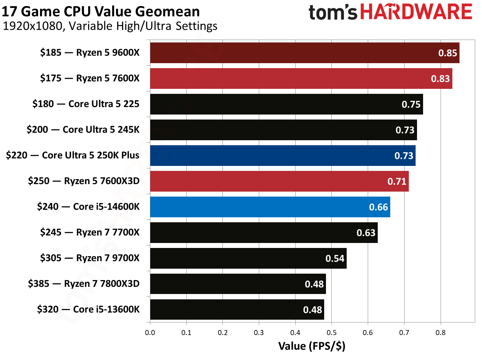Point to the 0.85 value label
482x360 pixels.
(447, 53)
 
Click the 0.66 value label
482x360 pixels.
(378, 207)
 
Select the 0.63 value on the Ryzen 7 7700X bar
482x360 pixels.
(366, 233)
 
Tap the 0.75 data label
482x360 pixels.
(411, 105)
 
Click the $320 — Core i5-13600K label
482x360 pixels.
(88, 309)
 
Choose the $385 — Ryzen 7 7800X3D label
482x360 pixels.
(84, 284)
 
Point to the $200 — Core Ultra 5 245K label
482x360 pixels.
(83, 130)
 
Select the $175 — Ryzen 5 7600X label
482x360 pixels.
(90, 78)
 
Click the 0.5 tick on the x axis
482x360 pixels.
(331, 333)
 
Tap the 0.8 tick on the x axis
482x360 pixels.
(440, 333)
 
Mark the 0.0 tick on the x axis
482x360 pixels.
(150, 333)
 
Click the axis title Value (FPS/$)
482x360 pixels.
(312, 346)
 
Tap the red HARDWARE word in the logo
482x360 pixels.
(416, 12)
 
